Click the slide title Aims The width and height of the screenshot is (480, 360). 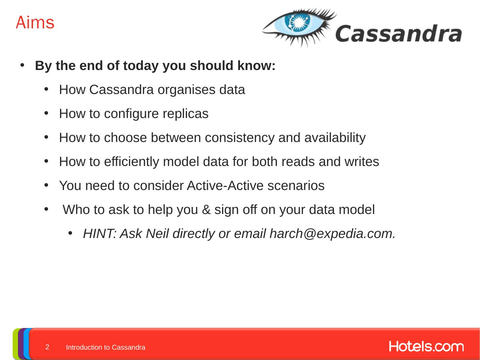click(35, 23)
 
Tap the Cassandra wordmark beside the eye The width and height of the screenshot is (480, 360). click(398, 34)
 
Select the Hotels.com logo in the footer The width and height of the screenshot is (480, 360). click(426, 346)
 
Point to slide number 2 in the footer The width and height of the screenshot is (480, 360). click(47, 347)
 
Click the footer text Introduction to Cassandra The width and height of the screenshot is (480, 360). click(105, 347)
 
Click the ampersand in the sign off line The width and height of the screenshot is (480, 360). click(206, 210)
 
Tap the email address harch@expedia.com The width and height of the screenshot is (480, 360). click(332, 234)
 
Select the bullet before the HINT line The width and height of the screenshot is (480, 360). click(70, 233)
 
